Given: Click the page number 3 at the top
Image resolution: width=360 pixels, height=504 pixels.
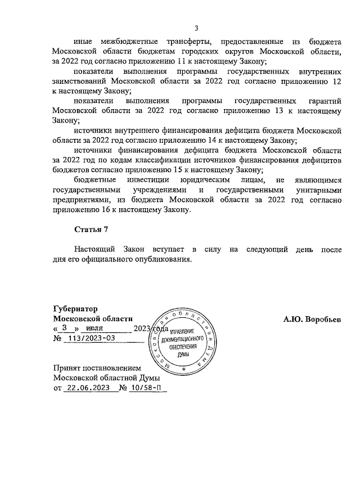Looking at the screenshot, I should (196, 29).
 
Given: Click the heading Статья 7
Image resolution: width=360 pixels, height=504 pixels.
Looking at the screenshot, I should (91, 229).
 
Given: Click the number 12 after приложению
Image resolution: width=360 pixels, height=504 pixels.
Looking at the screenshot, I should (336, 82).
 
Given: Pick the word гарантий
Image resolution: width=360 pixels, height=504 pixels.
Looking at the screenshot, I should (326, 101).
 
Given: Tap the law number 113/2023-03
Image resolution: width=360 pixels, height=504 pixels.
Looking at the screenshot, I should (91, 338).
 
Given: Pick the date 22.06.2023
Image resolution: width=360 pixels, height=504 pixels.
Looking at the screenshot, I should (85, 388).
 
